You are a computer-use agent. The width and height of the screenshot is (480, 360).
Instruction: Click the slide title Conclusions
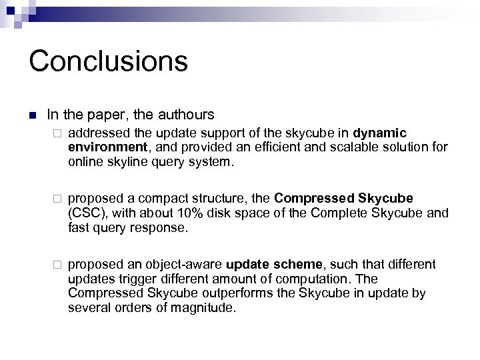[x=108, y=61]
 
